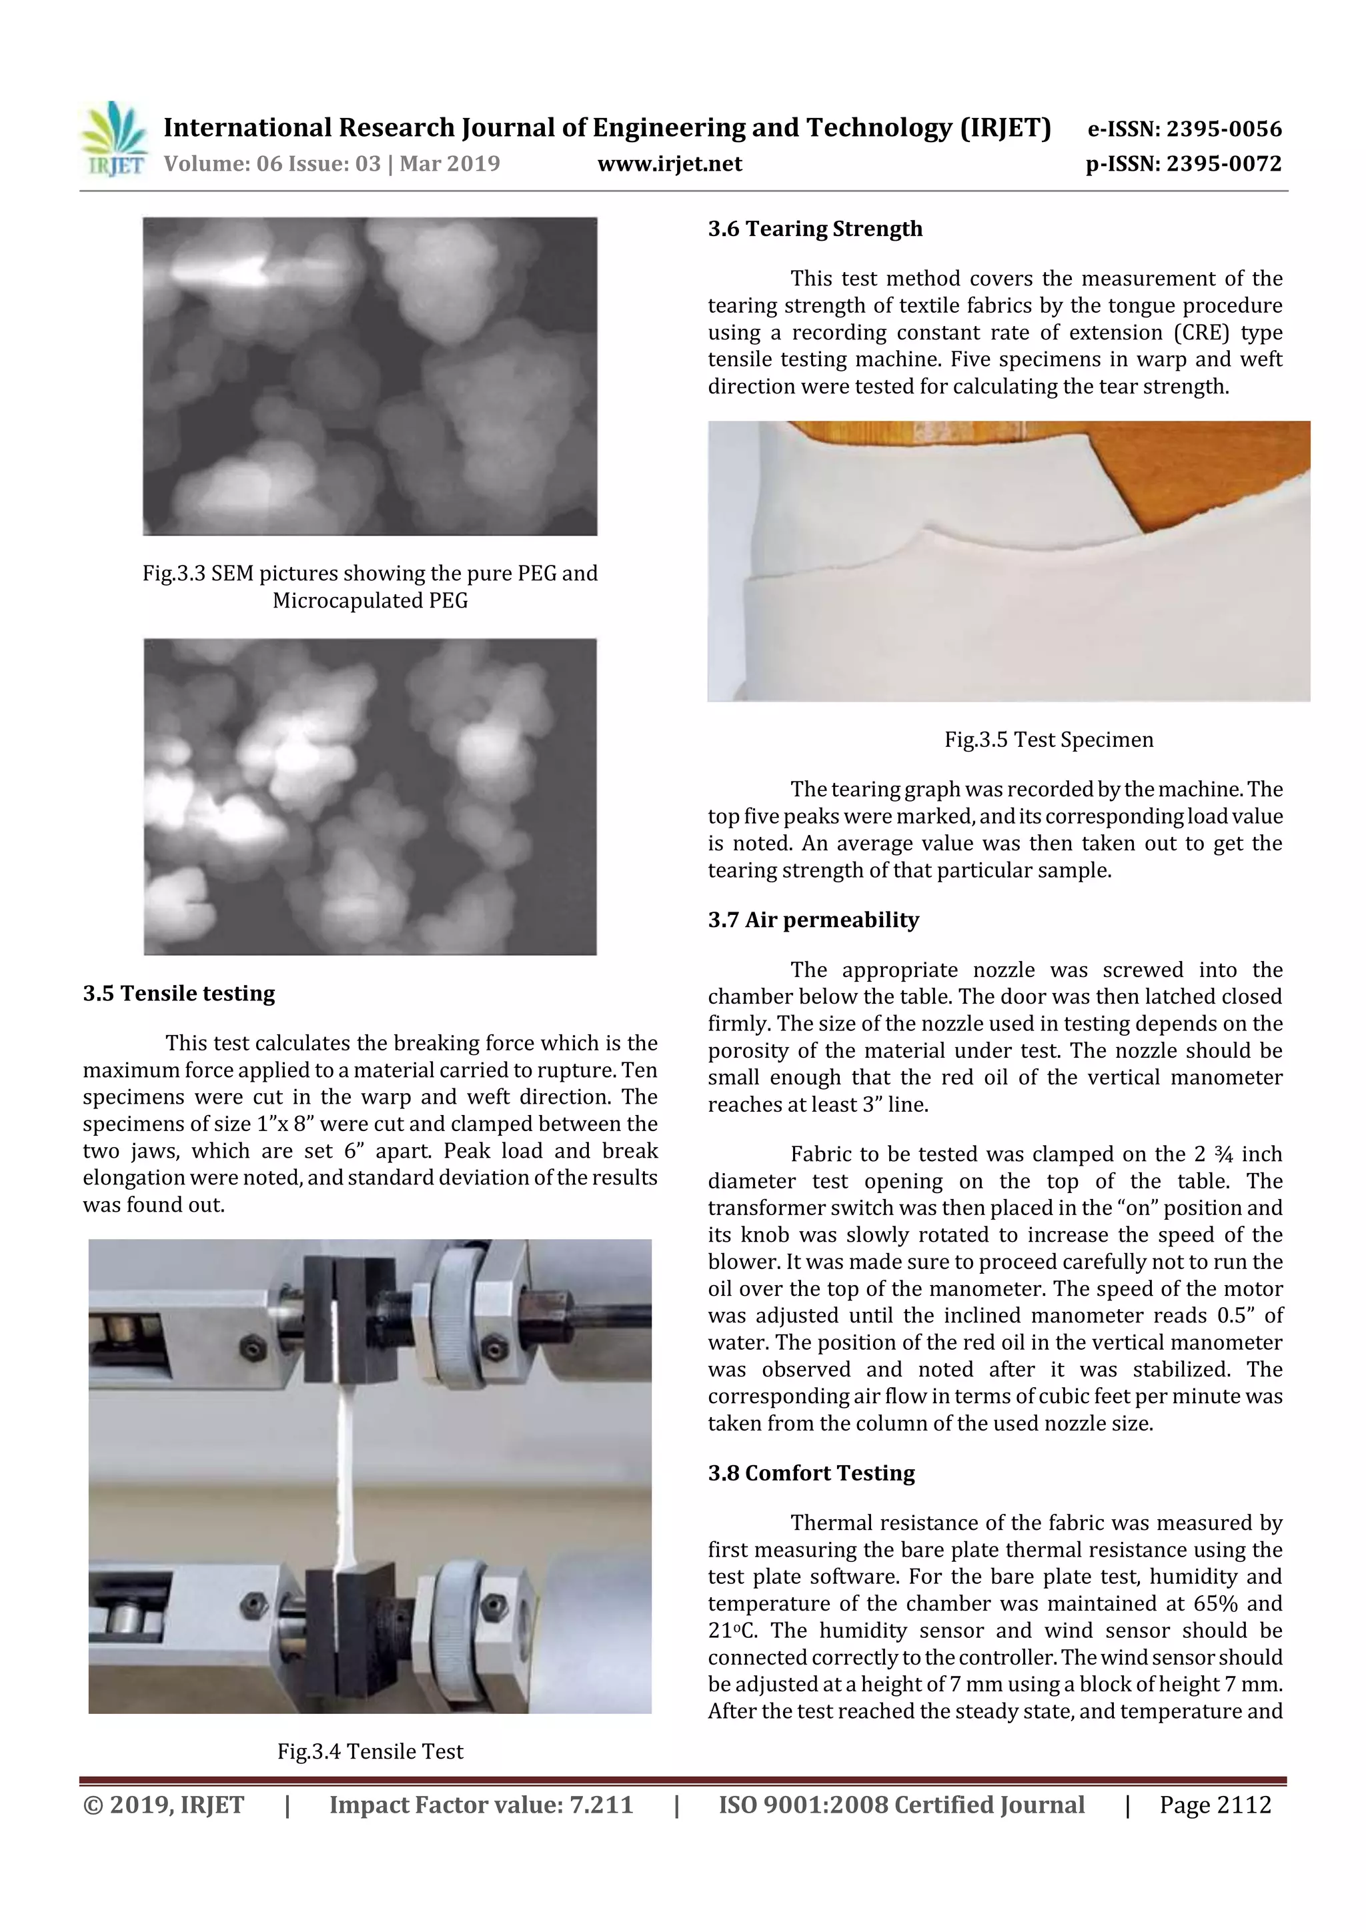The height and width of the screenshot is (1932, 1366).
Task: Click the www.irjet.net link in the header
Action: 669,163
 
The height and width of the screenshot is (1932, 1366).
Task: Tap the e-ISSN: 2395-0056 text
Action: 1184,129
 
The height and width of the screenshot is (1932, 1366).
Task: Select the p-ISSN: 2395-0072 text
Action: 1183,163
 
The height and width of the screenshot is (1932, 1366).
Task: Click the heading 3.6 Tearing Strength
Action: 814,229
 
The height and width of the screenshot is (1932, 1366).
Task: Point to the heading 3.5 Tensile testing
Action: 179,993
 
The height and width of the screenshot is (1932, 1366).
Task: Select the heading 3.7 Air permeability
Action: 813,920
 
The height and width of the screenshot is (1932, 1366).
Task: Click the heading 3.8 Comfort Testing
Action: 810,1473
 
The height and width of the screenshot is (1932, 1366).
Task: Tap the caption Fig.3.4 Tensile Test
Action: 370,1751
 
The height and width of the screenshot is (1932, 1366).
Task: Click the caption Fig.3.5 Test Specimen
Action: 1049,740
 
